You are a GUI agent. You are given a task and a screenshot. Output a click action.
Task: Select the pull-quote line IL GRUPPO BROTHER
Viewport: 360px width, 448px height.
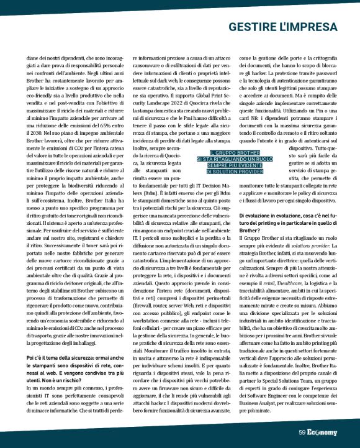click(x=225, y=152)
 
